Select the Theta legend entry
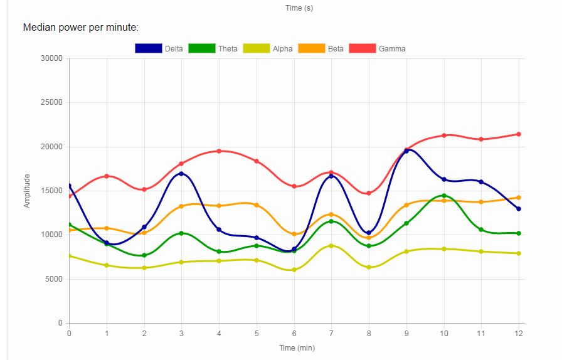[213, 48]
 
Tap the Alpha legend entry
[268, 48]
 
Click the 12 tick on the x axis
[519, 332]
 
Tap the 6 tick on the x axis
[294, 332]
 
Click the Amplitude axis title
[27, 191]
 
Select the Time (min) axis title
[297, 347]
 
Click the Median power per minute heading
[80, 28]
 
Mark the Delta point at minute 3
[181, 174]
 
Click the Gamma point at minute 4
[219, 151]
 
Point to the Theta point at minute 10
[444, 196]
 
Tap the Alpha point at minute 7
[331, 246]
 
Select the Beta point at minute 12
[519, 198]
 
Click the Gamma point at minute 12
[519, 134]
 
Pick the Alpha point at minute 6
[294, 270]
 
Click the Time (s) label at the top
[299, 8]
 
